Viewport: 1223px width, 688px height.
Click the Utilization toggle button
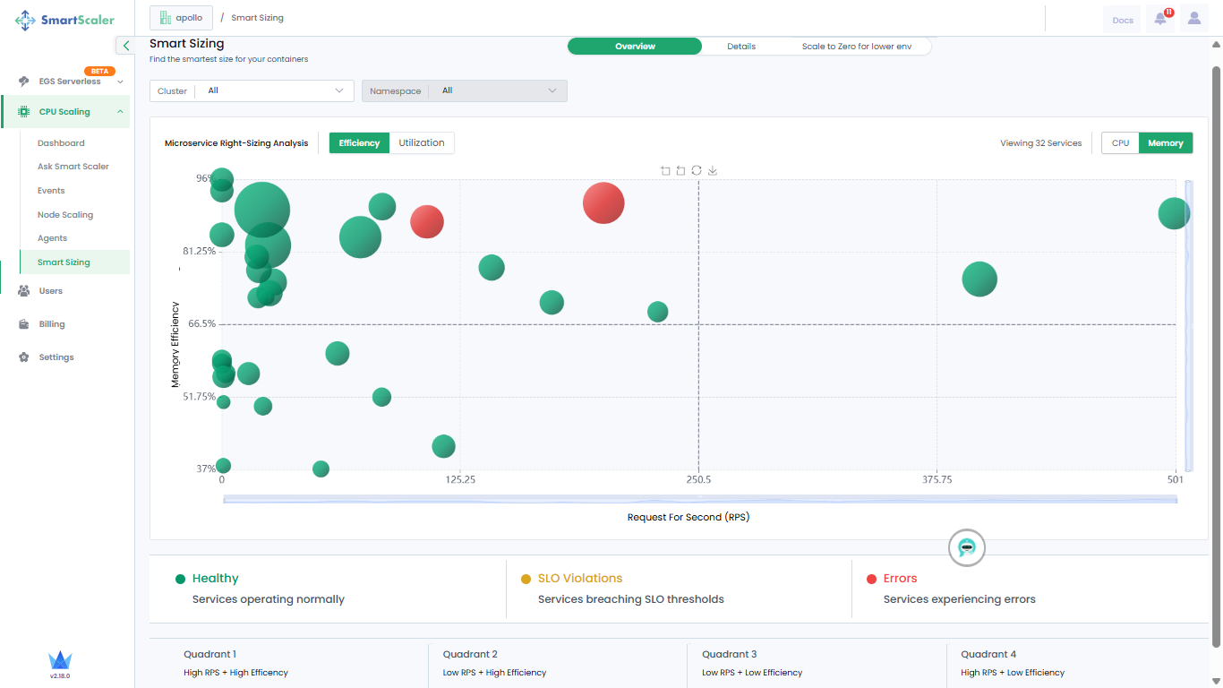[x=421, y=142]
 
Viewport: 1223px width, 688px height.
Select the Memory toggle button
[x=1165, y=143]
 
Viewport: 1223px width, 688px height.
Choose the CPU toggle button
[x=1120, y=143]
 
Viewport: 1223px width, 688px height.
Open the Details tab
[x=741, y=47]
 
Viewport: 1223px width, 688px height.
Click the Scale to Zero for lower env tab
[x=856, y=47]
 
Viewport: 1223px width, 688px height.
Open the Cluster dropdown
[x=252, y=90]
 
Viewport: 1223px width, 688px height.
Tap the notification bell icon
[x=1160, y=19]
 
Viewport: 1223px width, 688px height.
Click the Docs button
[x=1123, y=21]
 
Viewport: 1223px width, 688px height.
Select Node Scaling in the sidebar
[x=65, y=215]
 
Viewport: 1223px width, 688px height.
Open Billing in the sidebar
[x=52, y=324]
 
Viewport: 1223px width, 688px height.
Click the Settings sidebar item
[x=56, y=357]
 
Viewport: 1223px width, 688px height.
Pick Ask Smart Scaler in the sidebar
[x=73, y=166]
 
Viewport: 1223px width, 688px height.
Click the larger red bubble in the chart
[x=603, y=203]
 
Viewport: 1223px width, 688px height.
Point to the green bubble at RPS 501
[x=1174, y=213]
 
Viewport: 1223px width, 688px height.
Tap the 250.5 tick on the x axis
[x=698, y=480]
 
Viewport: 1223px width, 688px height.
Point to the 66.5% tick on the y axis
[x=201, y=323]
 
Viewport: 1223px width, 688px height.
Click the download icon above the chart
[x=713, y=171]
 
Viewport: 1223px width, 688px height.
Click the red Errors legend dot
[x=871, y=580]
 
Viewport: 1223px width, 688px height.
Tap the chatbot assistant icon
[x=966, y=547]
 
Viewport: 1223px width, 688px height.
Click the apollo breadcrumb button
[x=181, y=18]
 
